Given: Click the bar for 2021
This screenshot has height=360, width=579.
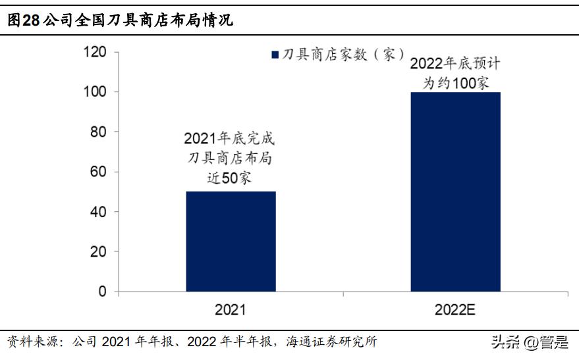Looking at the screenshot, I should [231, 241].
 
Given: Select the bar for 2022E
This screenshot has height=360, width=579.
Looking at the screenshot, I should [455, 191].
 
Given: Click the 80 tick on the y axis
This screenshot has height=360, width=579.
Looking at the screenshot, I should [98, 132].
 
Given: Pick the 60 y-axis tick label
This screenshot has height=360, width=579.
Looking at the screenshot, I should [98, 172].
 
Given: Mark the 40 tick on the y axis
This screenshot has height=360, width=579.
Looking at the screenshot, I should [98, 212].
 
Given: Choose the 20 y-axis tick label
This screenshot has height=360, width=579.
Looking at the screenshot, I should [98, 251].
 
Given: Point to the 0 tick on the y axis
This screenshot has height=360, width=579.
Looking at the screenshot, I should [102, 292].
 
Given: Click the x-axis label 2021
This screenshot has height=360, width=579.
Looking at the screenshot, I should [231, 309].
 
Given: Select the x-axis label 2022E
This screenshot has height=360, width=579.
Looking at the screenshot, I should [455, 309].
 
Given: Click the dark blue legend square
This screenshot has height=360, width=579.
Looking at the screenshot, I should [275, 55].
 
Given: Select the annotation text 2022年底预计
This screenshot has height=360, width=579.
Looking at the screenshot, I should [455, 64].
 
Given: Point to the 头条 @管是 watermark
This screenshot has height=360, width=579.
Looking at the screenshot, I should [528, 342].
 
